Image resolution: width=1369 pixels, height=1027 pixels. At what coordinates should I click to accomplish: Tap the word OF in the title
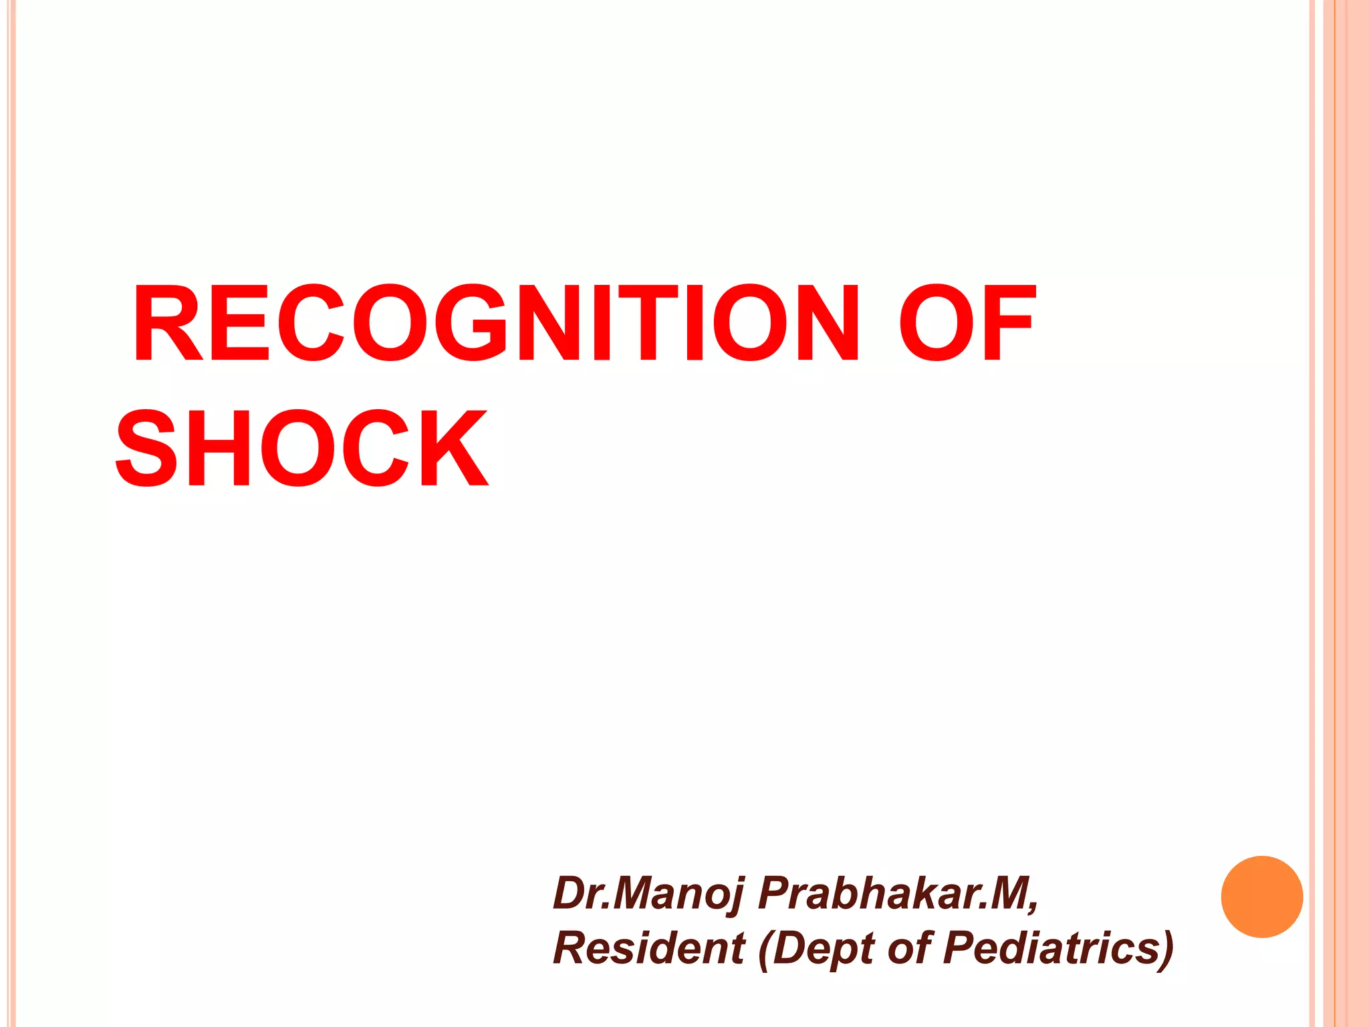click(965, 323)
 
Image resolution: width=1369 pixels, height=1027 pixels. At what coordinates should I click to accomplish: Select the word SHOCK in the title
click(302, 449)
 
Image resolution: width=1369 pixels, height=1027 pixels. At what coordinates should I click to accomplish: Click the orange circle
click(1261, 897)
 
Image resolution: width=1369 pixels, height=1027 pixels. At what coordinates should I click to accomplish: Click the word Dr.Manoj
click(648, 895)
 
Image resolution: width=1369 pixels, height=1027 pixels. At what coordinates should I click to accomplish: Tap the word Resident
click(648, 948)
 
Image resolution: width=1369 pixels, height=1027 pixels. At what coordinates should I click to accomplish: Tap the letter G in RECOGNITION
click(475, 323)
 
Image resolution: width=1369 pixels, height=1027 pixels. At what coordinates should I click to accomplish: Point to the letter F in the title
click(1009, 323)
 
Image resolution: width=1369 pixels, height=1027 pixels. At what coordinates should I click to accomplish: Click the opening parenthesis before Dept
click(764, 949)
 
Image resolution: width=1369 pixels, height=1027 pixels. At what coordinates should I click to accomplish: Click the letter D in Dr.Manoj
click(570, 893)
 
